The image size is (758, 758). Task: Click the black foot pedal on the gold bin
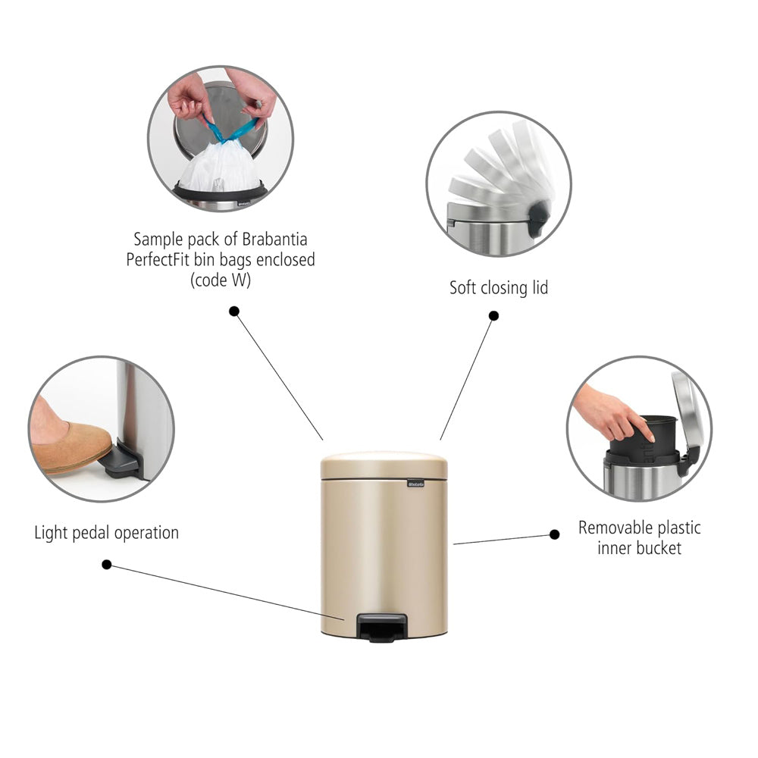381,627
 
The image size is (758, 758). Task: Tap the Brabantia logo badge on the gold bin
415,484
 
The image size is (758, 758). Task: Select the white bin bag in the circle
220,167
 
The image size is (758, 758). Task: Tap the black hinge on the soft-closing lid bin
537,219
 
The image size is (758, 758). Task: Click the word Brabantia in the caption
274,240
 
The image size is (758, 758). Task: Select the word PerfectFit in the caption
158,259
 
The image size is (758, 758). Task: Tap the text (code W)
221,280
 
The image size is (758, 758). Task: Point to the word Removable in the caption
615,528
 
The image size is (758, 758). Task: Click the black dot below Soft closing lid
493,315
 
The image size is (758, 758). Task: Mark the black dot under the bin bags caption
234,312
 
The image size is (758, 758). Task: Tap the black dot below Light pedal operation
107,565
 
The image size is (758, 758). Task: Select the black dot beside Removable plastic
555,534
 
